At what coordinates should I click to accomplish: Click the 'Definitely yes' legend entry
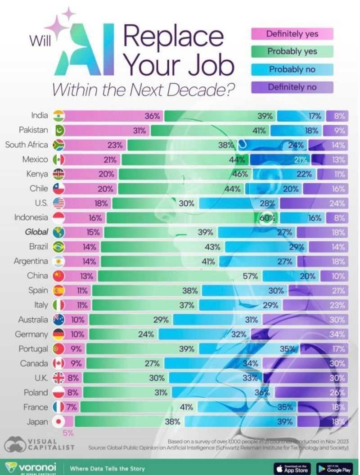point(292,34)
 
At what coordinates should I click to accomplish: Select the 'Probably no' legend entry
point(292,69)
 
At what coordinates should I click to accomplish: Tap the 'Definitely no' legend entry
point(292,87)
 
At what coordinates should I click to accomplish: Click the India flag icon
point(59,116)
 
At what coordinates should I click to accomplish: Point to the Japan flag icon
point(59,421)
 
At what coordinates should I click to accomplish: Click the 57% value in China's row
point(250,276)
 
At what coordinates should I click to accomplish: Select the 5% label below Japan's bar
point(68,433)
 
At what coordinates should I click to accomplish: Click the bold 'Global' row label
point(35,232)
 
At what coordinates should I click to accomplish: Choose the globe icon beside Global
point(59,232)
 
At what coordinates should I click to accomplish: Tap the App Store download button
point(292,468)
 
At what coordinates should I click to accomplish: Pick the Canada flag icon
point(59,363)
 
